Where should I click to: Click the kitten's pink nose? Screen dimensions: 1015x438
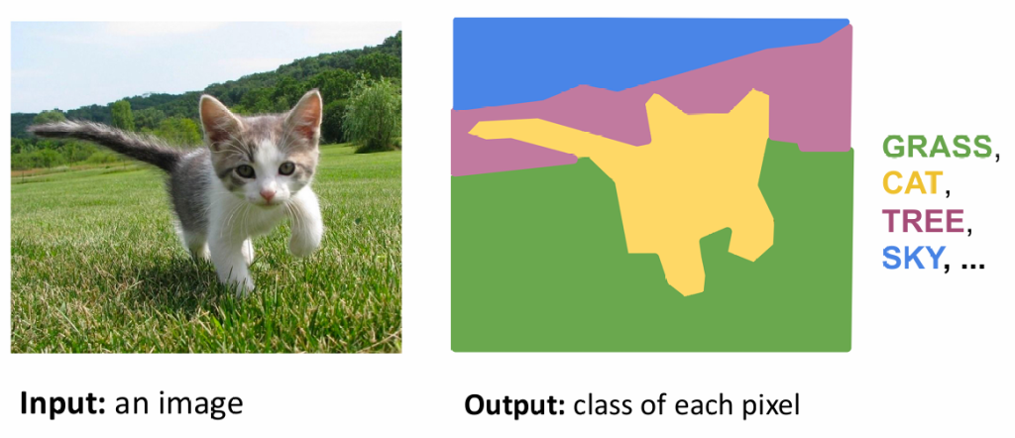[268, 195]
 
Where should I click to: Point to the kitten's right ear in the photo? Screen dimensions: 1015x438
[305, 116]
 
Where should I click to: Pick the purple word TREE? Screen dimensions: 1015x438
[924, 222]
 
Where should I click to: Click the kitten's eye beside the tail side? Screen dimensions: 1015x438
[244, 170]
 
